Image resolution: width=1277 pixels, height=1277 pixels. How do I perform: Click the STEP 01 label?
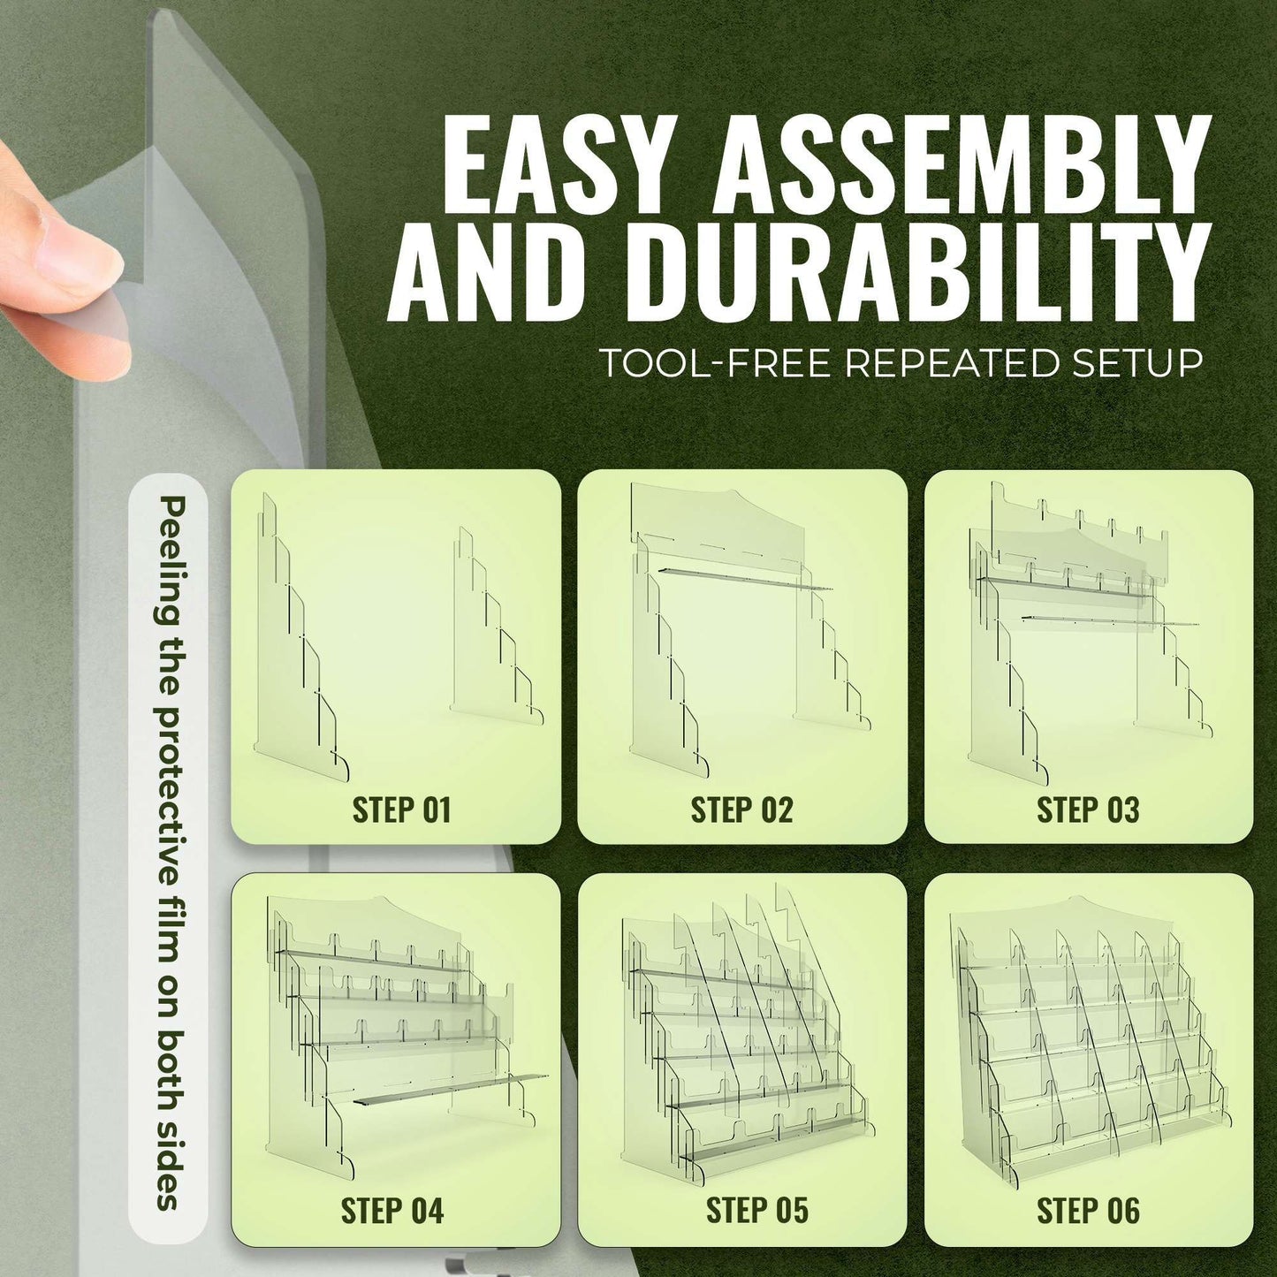(401, 810)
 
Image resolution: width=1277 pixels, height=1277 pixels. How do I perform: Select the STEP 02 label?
(741, 810)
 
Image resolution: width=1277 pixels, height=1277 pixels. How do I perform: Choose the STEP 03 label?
(1088, 810)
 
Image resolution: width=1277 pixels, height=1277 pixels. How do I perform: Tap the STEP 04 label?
(392, 1210)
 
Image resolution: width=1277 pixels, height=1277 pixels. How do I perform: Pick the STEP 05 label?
(757, 1210)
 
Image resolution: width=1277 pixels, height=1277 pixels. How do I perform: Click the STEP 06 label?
(1088, 1210)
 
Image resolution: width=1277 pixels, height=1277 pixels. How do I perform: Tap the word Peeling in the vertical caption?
(167, 558)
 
